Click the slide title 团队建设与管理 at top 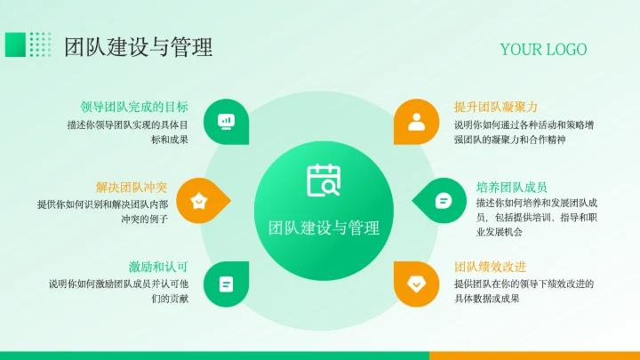138,46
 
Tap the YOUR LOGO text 543,49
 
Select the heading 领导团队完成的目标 134,107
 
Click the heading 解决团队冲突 132,187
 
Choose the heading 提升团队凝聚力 496,107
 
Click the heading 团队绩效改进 490,267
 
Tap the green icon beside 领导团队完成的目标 226,121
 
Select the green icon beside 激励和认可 226,284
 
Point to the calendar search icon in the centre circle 324,181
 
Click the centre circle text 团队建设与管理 324,228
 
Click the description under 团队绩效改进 524,291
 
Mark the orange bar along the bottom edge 533,355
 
